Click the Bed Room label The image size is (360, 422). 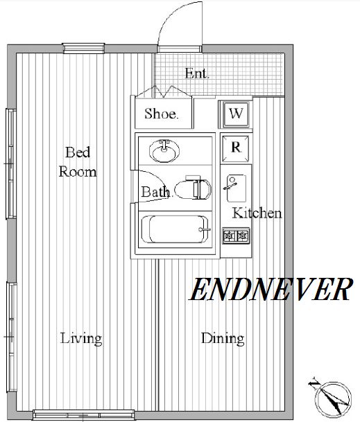[x=78, y=162]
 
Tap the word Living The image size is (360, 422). [x=81, y=339]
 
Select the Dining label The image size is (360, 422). [x=223, y=339]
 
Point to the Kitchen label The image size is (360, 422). [x=257, y=213]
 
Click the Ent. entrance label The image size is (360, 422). [x=197, y=73]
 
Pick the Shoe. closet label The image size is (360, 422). [x=162, y=114]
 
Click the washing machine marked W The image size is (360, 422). [x=236, y=114]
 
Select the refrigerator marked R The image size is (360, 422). [x=236, y=148]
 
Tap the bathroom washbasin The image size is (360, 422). [x=164, y=151]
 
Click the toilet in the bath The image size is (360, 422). [x=193, y=188]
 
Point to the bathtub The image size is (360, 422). [x=175, y=229]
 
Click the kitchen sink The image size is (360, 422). [x=236, y=188]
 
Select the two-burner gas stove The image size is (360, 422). [x=236, y=236]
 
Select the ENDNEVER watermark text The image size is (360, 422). [x=271, y=290]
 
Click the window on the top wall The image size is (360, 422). [x=83, y=49]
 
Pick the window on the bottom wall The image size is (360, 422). [x=83, y=415]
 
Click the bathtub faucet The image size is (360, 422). [x=204, y=229]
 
